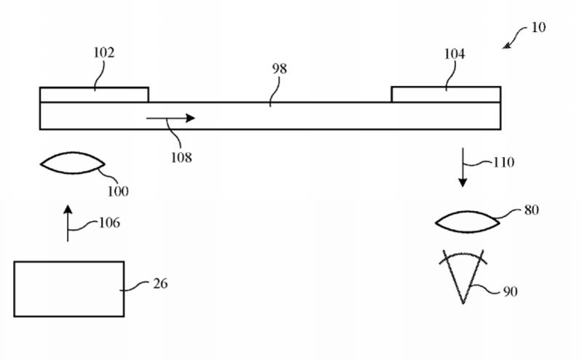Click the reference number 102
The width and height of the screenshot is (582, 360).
pos(103,52)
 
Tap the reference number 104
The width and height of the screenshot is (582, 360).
pos(454,55)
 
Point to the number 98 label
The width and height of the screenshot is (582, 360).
pos(279,68)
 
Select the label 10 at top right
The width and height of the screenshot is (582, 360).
pos(538,27)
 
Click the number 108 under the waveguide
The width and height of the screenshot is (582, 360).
pos(181,158)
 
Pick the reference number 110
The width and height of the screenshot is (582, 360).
pos(503,162)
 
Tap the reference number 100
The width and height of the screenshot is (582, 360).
pos(118,191)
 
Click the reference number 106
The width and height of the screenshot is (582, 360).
pos(110,223)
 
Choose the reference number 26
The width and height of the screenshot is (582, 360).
pos(160,284)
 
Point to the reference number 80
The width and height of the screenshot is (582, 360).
pos(532,210)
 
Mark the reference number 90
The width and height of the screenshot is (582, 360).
pos(511,292)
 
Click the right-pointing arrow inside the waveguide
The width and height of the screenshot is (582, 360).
pos(170,118)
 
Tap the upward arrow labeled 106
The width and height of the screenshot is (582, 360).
pos(68,223)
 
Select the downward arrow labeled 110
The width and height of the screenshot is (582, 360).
pos(463,167)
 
